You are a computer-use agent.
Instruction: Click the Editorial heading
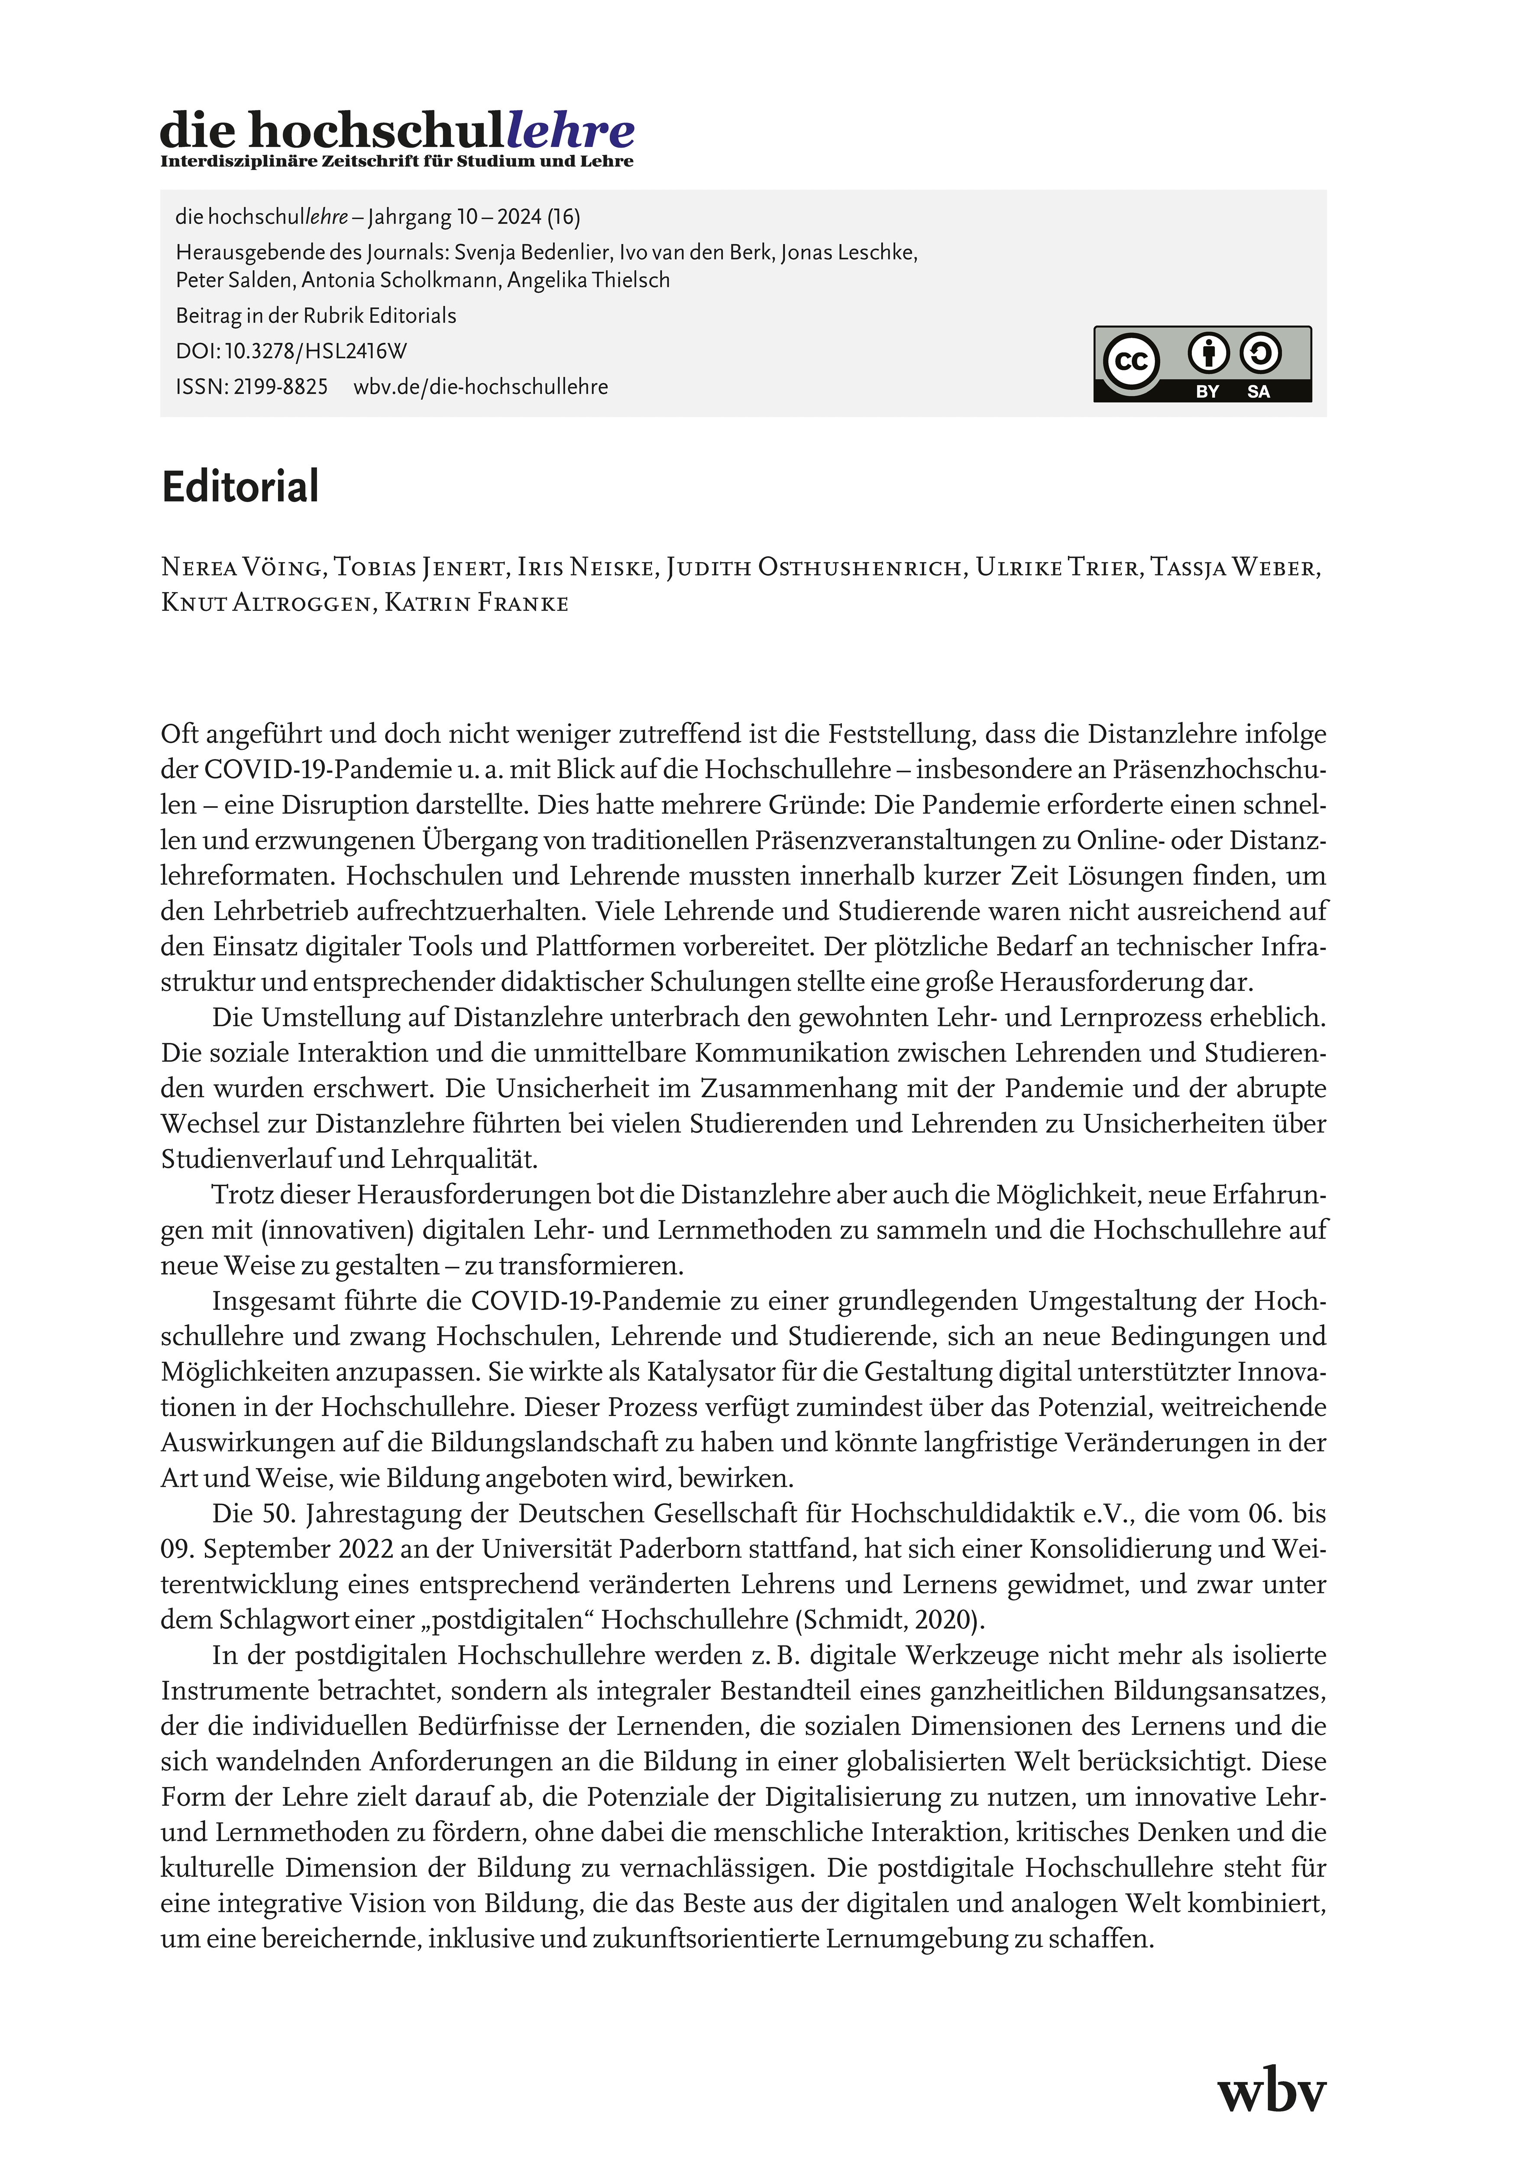coord(240,487)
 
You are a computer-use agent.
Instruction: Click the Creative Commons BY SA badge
coord(1202,364)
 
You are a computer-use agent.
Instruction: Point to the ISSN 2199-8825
coord(252,387)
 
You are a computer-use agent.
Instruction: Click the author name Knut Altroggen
coord(267,604)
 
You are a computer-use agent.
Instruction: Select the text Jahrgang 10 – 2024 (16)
coord(473,217)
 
